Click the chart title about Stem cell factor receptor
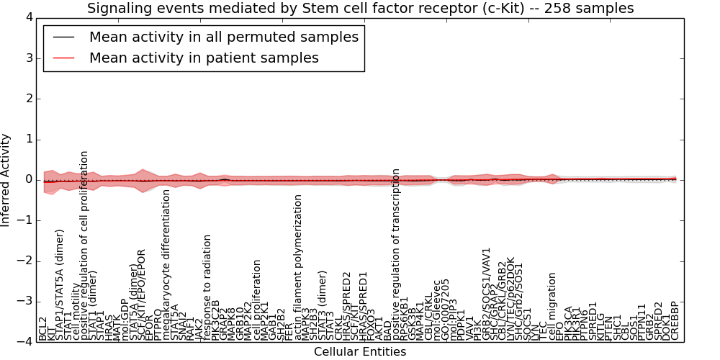360,8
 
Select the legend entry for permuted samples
223,37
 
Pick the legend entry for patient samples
204,58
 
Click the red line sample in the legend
63,58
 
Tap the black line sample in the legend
63,37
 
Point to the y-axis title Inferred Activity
6,179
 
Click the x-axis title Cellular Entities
360,352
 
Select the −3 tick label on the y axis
24,302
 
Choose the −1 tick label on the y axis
24,220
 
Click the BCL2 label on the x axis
42,328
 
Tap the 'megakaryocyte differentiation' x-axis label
166,264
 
